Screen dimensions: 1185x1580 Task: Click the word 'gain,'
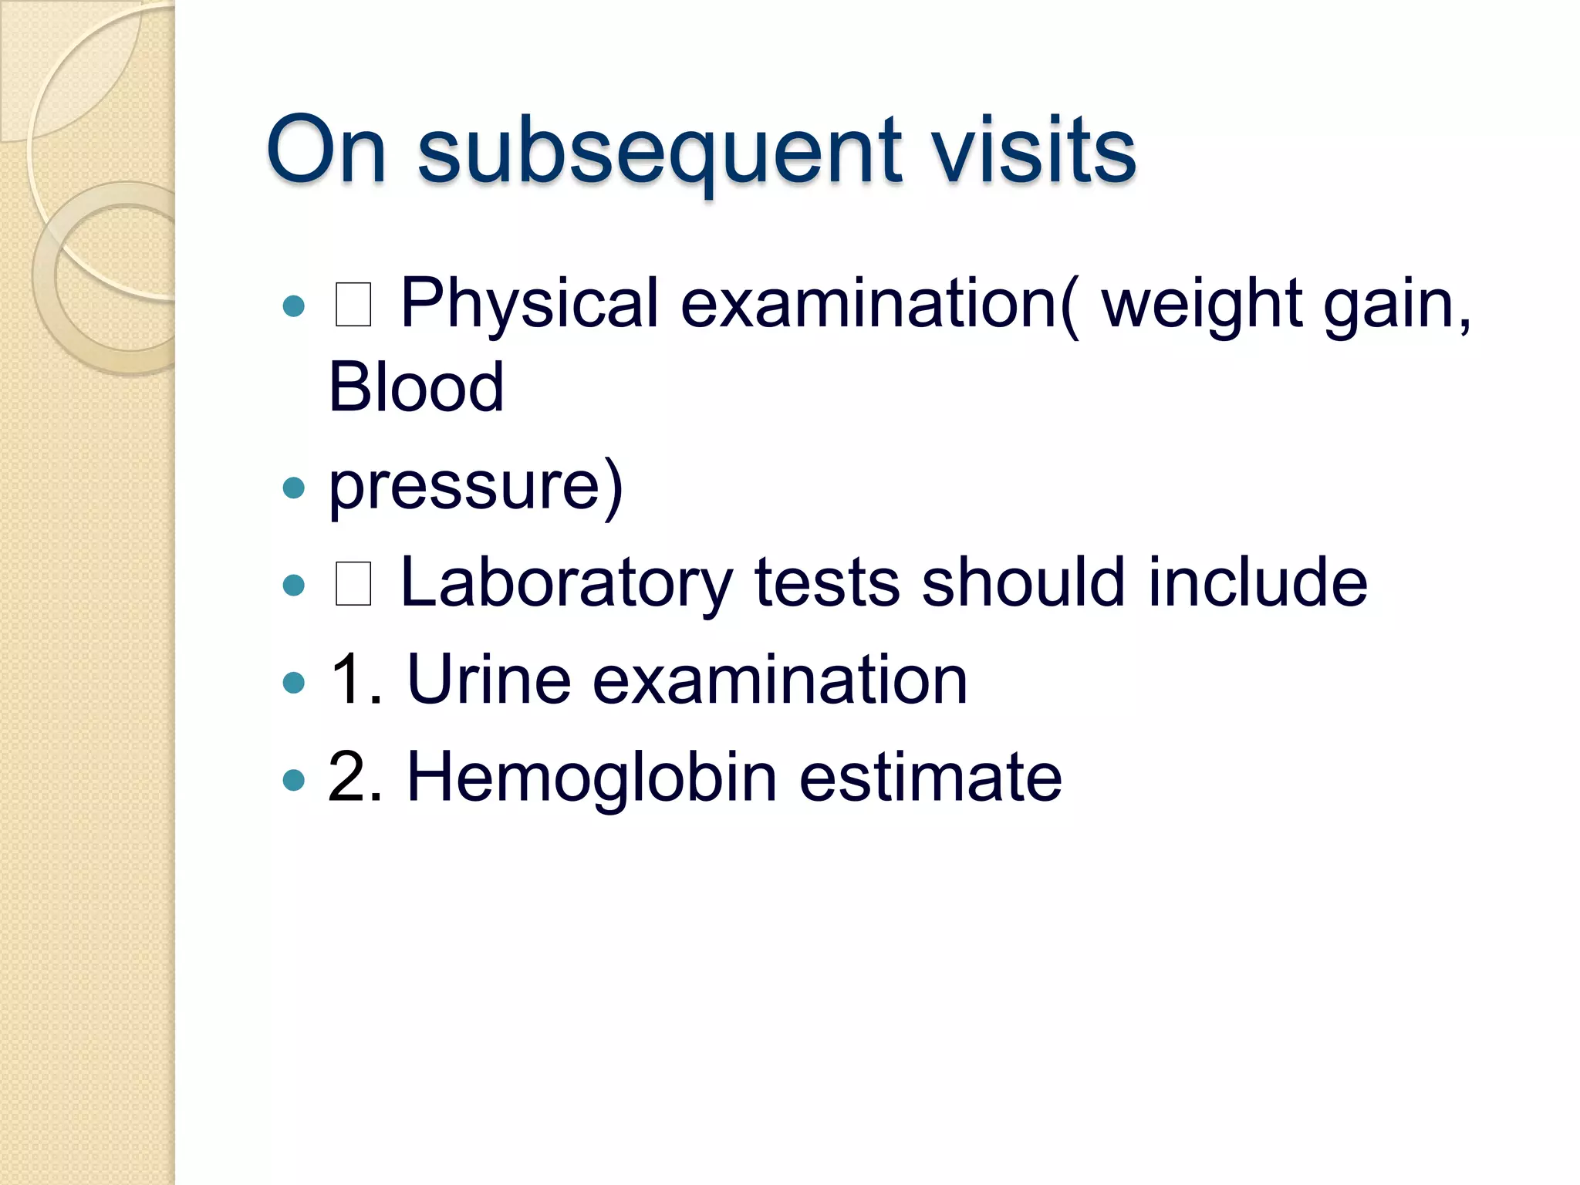[1397, 305]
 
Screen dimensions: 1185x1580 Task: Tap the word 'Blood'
[416, 387]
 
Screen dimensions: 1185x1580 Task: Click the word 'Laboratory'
[565, 584]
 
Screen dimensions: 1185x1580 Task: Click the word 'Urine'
[488, 680]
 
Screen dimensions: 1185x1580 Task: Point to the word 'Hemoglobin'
[591, 777]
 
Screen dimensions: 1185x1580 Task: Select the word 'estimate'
[930, 777]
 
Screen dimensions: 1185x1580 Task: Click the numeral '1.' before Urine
[356, 680]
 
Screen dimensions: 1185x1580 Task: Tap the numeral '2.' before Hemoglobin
[356, 777]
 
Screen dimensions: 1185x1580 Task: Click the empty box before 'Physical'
[353, 305]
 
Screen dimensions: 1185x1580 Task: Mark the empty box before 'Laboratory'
[353, 584]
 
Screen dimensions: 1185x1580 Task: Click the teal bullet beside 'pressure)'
[294, 488]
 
